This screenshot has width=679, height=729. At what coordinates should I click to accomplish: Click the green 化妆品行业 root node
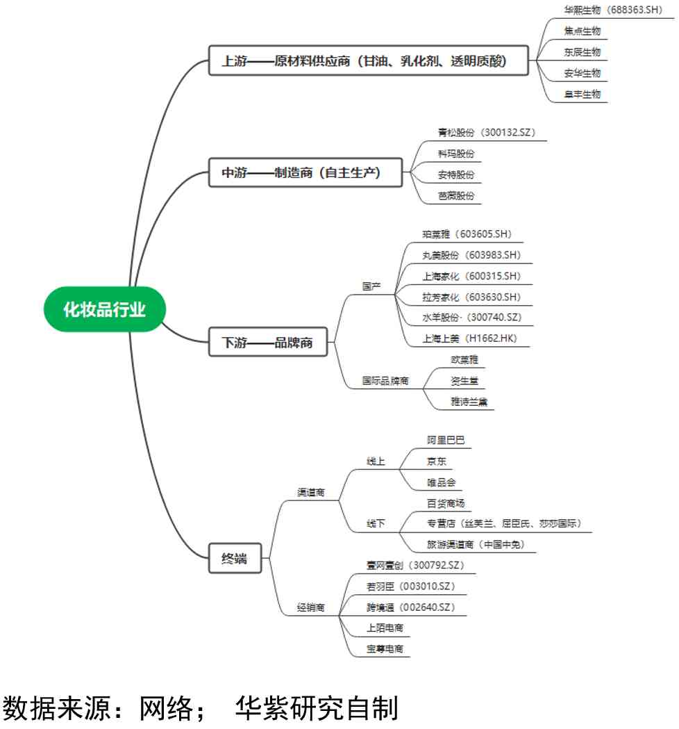[x=105, y=309]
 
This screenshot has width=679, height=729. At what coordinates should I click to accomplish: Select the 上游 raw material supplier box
[x=369, y=61]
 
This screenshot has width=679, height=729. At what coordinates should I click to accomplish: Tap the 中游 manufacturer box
[x=305, y=172]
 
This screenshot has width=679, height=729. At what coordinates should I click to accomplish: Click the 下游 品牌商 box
[x=268, y=343]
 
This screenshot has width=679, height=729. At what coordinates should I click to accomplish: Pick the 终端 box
[x=235, y=558]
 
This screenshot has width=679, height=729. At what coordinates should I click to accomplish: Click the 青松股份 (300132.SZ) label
[x=487, y=132]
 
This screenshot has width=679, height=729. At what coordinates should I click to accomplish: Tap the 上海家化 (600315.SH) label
[x=471, y=276]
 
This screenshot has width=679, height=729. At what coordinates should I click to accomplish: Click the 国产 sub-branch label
[x=371, y=286]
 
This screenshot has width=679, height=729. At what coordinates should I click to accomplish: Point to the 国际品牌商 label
[x=385, y=381]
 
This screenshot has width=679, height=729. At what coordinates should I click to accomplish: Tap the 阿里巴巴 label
[x=446, y=440]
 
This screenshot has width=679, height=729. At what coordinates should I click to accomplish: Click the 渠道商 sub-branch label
[x=310, y=493]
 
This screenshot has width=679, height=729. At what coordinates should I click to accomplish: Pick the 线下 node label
[x=376, y=523]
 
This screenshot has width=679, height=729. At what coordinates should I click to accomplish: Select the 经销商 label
[x=310, y=607]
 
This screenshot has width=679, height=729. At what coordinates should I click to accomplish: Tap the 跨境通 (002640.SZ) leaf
[x=410, y=607]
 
